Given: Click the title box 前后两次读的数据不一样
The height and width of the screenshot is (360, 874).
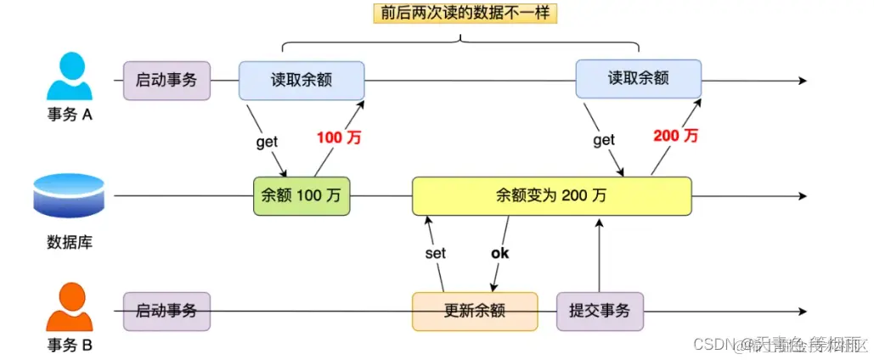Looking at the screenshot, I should pos(460,14).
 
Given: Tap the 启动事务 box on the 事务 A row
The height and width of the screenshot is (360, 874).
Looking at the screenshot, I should pos(166,81).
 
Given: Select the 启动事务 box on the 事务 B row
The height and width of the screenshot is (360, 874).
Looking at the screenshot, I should pos(166,312).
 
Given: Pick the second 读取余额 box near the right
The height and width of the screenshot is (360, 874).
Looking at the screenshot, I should pos(639,78).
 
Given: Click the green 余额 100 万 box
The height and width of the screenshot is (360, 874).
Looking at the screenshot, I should pos(302,196).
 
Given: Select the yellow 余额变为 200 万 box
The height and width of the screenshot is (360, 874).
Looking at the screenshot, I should pos(551,196).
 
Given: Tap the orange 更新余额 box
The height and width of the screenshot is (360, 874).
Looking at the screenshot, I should pos(475,312).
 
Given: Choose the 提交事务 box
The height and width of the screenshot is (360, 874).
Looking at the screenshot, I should pos(600,312).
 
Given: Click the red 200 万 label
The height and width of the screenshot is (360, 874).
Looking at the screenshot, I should pos(676,136).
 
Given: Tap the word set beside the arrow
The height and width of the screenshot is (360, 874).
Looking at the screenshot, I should pos(435,253).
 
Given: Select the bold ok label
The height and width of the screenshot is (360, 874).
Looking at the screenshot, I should pos(500,253).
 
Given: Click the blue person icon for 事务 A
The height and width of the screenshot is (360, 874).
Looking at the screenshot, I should pos(70,78).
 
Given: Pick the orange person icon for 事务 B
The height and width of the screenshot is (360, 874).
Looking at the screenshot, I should pos(70,307).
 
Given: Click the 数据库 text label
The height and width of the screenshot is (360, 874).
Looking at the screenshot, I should pos(69,242).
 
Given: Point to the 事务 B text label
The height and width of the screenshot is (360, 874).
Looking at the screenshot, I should pos(69,346).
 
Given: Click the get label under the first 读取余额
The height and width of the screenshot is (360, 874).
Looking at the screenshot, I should pos(267,142).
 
